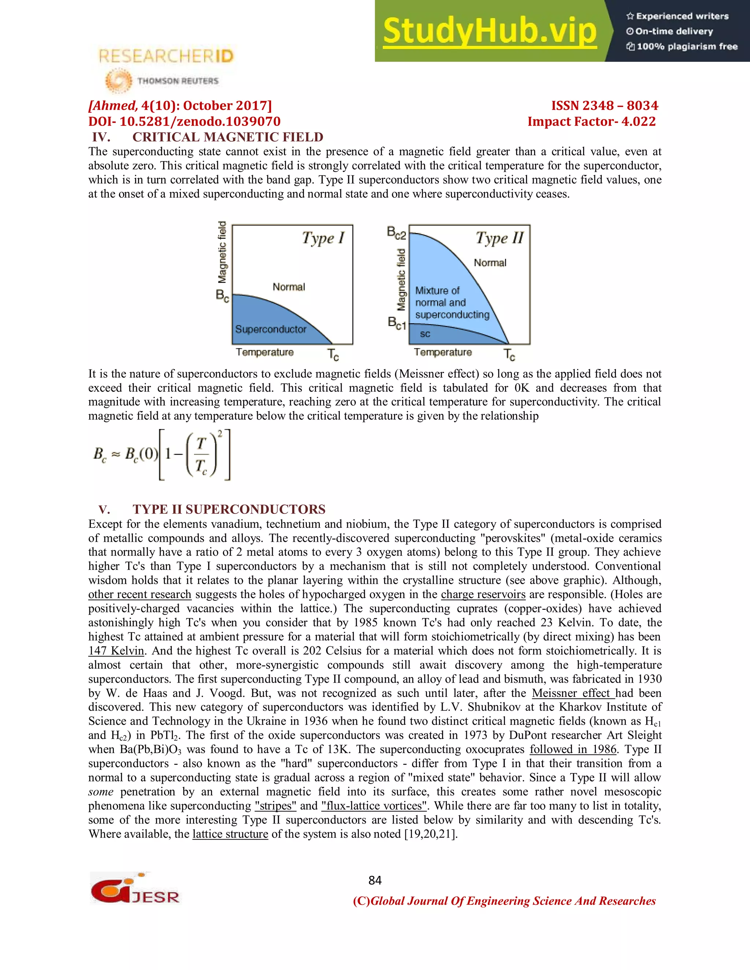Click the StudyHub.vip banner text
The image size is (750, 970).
point(489,31)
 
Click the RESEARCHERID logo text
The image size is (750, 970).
point(166,56)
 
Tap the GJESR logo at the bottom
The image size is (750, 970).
point(135,889)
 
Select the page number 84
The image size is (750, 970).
point(375,880)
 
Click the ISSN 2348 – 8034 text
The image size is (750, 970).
point(604,106)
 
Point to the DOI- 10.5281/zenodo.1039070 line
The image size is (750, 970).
point(185,121)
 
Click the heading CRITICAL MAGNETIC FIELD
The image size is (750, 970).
point(227,137)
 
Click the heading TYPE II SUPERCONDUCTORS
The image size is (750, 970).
point(229,509)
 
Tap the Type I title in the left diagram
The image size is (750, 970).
point(323,238)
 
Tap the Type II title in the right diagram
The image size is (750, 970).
point(500,238)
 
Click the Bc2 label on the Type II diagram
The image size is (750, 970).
point(396,232)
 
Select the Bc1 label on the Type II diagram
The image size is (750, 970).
point(397,323)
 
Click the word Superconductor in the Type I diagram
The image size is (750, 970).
point(271,329)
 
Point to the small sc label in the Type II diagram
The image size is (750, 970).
point(425,334)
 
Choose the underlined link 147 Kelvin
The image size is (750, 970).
point(116,651)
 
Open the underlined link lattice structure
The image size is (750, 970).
point(230,834)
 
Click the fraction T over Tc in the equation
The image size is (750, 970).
point(202,454)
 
